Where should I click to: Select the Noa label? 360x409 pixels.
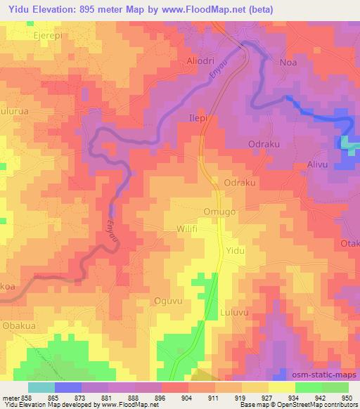point(288,62)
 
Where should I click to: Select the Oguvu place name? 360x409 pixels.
point(168,301)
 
